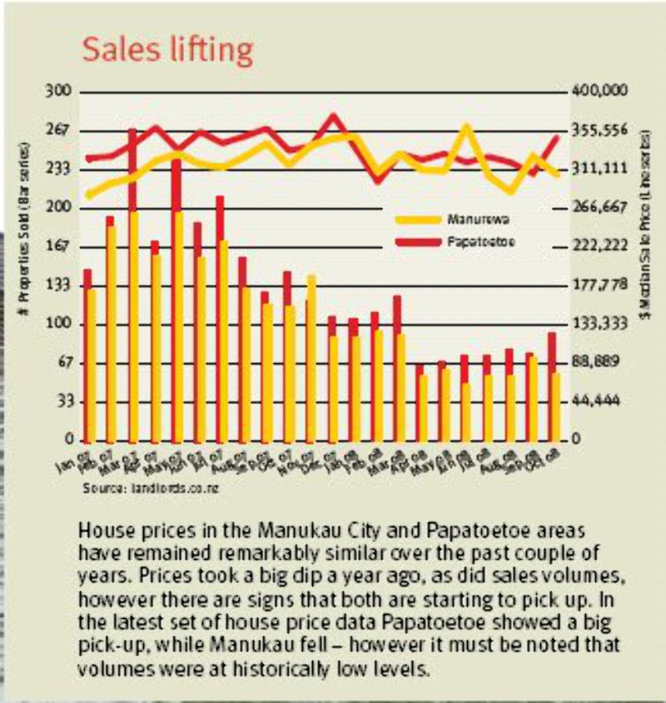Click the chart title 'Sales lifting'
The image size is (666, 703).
click(x=166, y=50)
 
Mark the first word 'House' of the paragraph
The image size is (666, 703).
click(x=100, y=530)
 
